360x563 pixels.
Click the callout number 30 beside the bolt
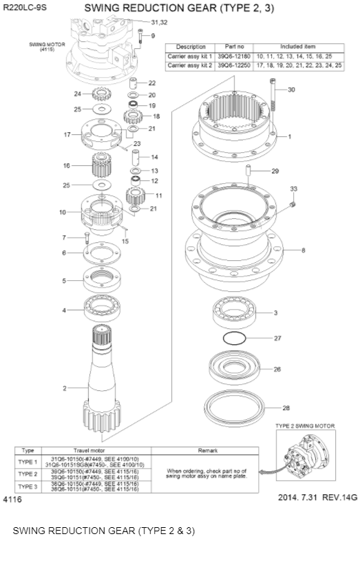[291, 90]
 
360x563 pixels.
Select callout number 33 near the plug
[294, 189]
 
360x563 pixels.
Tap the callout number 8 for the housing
[304, 250]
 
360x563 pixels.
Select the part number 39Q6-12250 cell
[234, 65]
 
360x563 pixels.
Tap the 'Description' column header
[191, 47]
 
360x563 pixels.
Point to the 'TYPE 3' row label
[28, 487]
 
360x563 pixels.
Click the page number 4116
[12, 499]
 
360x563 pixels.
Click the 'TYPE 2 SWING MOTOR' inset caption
[305, 426]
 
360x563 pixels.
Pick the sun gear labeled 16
[102, 166]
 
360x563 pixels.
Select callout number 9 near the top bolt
[153, 35]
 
